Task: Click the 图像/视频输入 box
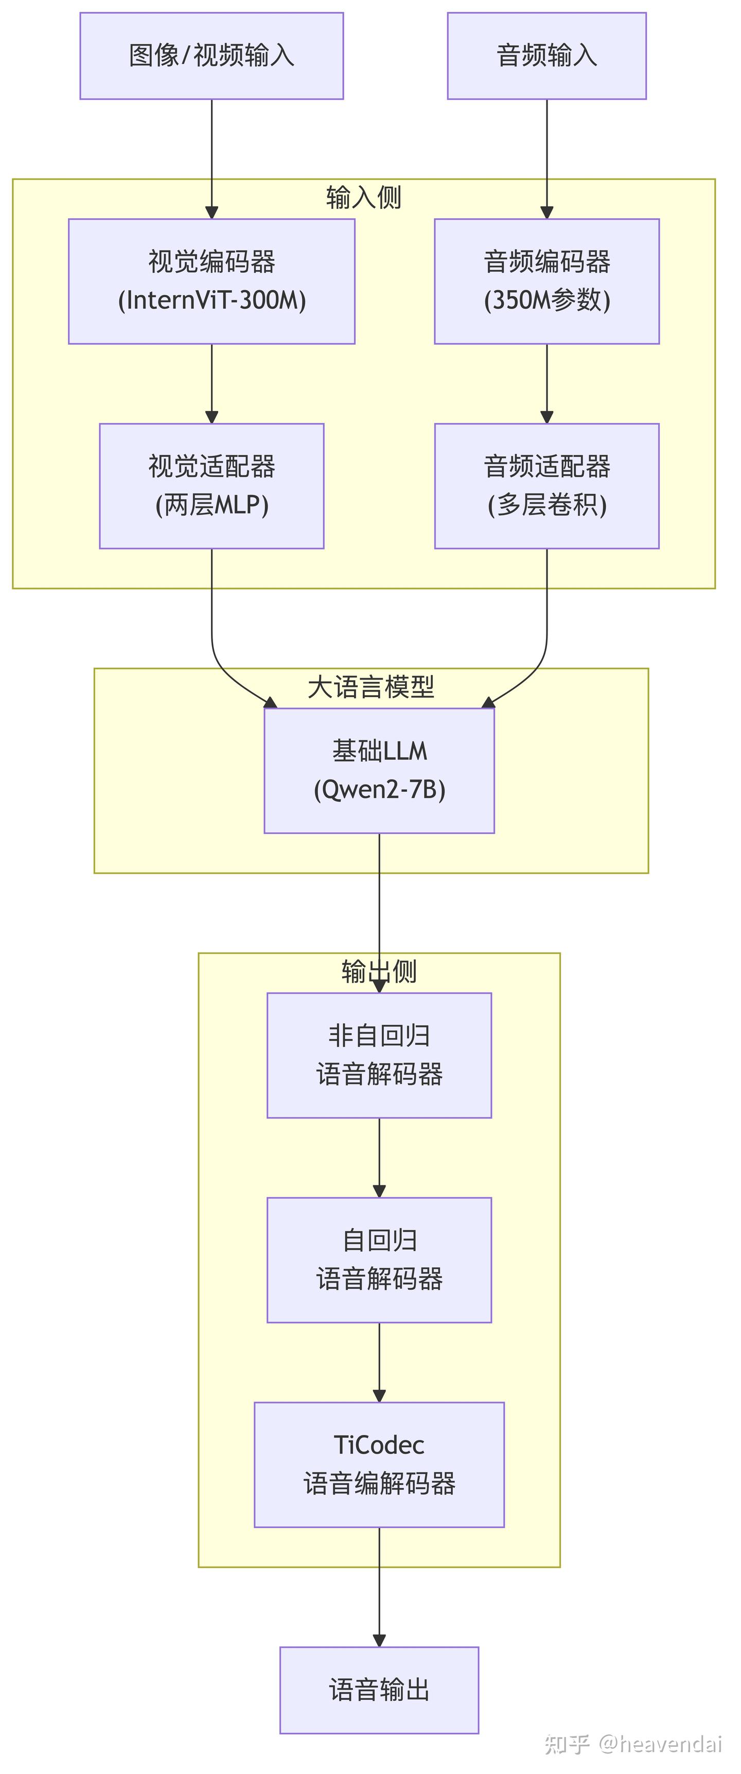point(211,55)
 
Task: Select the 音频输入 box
point(547,55)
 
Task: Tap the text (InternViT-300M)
point(211,300)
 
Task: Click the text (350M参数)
point(547,300)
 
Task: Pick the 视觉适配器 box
point(211,486)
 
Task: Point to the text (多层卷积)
point(547,505)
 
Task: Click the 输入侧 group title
point(364,198)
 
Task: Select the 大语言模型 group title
point(370,686)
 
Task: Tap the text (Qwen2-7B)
point(379,789)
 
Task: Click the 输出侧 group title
point(379,971)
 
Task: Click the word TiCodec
point(379,1445)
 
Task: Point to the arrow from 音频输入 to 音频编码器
point(547,158)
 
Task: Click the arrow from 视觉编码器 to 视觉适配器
point(211,383)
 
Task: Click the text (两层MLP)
point(211,505)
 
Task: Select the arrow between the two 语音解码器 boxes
point(379,1157)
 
